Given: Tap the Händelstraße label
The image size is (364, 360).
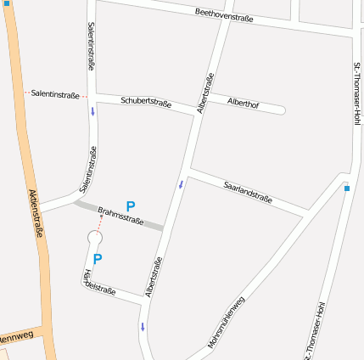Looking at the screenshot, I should (99, 282).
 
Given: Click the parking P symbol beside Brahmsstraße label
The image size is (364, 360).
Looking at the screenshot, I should (131, 205).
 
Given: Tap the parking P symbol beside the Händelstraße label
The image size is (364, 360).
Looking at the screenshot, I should (98, 259).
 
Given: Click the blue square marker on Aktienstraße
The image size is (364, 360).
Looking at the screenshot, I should (7, 3).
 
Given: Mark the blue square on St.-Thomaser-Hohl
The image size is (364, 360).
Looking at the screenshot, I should (346, 188).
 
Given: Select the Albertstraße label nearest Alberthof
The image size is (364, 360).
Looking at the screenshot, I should (204, 93).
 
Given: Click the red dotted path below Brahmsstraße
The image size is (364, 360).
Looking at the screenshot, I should (99, 222).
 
